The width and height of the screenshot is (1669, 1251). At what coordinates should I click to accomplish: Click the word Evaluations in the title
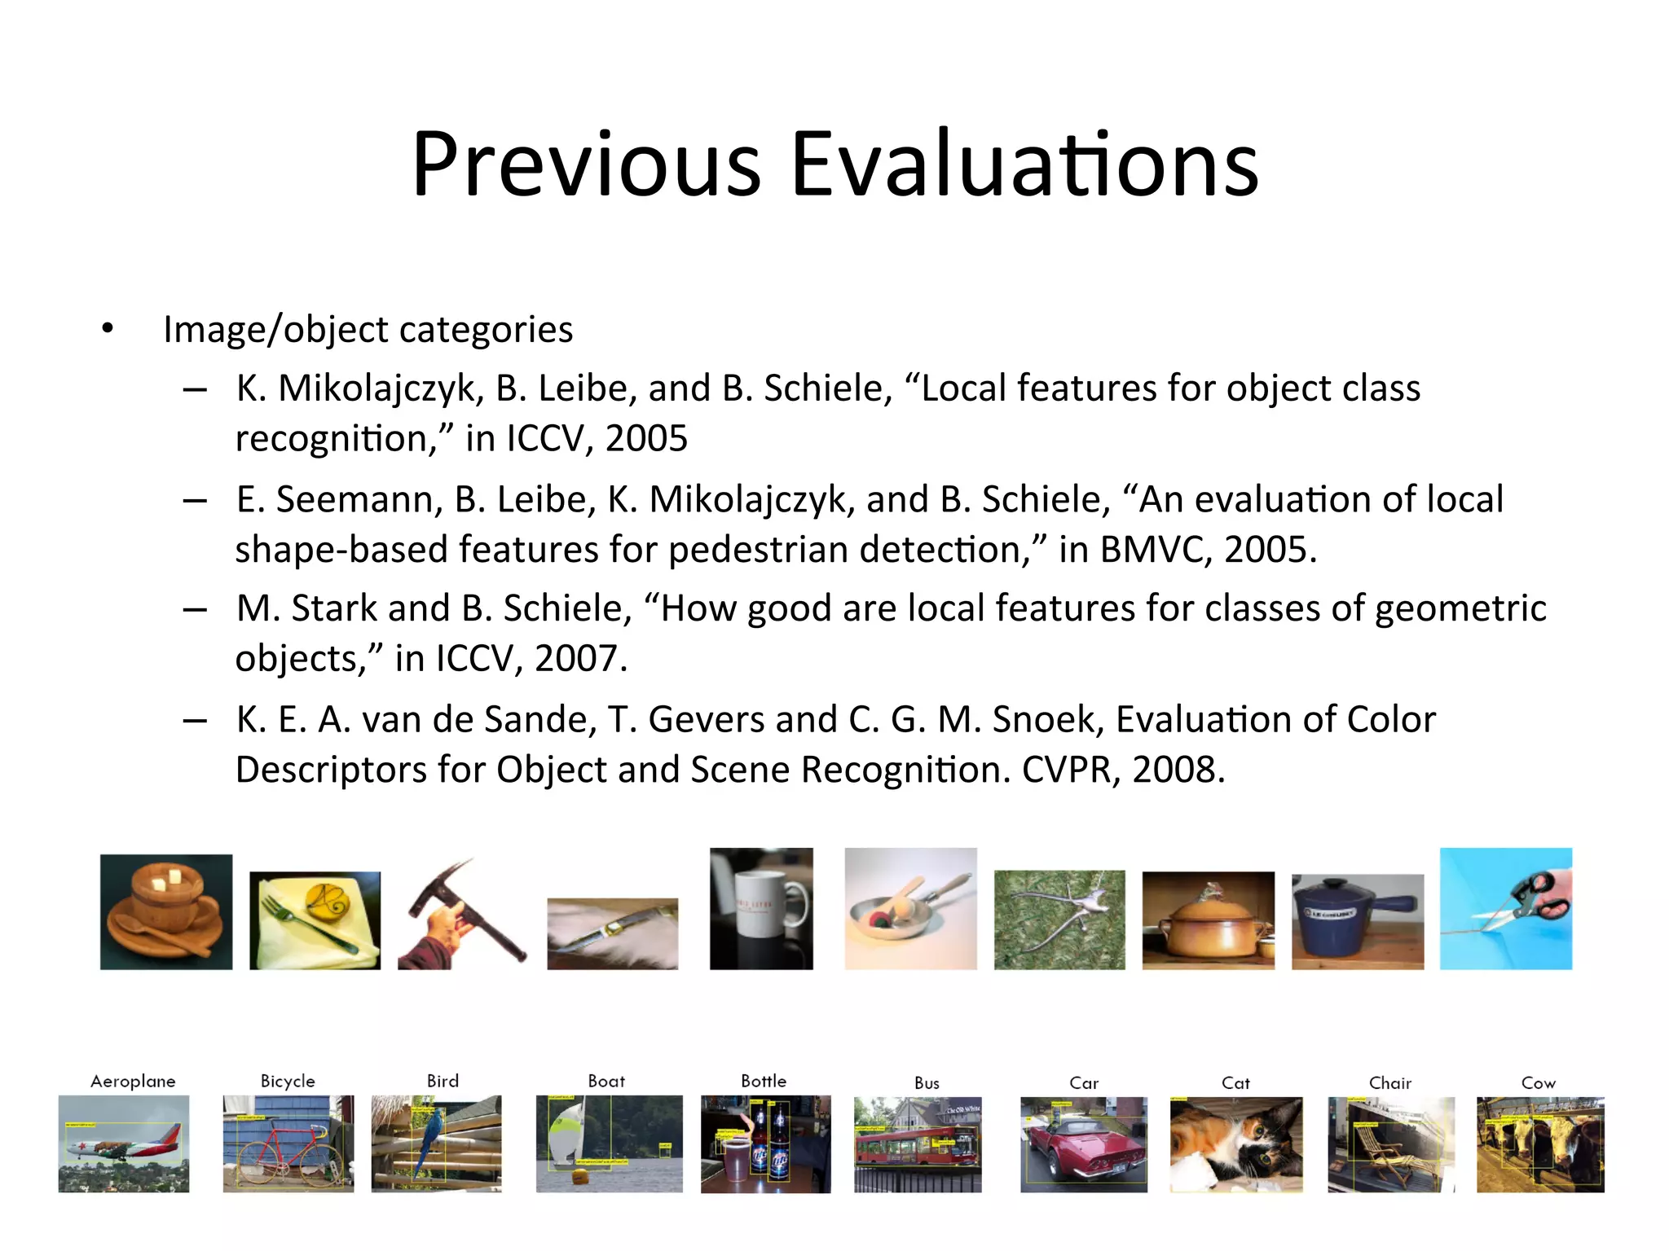(x=1024, y=165)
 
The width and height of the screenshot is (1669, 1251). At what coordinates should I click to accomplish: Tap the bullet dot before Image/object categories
(x=108, y=329)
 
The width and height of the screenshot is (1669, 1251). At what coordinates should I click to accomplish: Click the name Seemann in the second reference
(x=359, y=499)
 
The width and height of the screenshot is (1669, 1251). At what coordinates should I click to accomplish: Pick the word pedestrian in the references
(x=759, y=550)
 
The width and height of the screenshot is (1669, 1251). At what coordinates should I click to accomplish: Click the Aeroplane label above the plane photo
(x=133, y=1081)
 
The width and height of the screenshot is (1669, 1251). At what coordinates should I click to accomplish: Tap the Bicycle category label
(x=288, y=1081)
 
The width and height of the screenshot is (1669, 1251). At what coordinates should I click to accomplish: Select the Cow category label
(x=1538, y=1083)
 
